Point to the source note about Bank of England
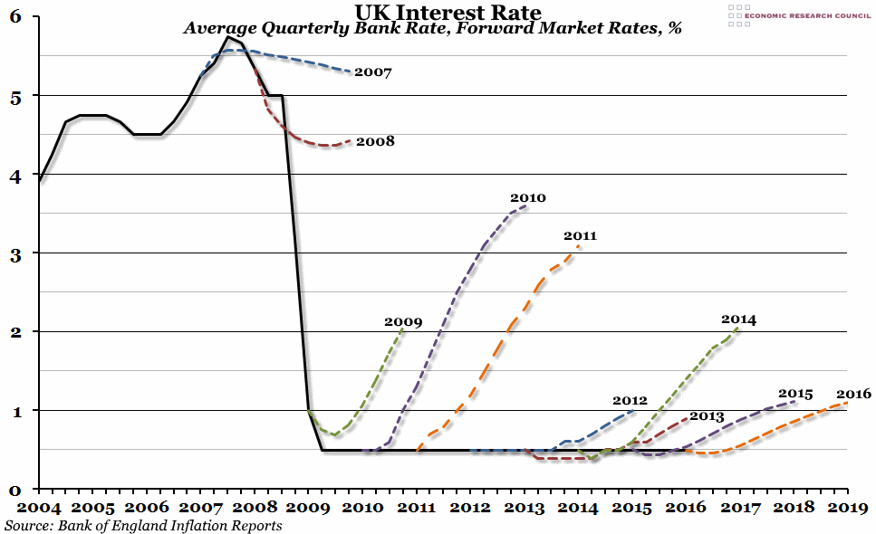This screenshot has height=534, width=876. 143,525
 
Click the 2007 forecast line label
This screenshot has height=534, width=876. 372,72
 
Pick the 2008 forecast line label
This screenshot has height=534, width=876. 375,141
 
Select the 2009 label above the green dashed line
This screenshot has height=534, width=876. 403,321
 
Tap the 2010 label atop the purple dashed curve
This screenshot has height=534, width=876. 528,197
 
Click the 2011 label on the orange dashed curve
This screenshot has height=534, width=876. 580,236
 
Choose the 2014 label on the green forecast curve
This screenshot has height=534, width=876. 738,319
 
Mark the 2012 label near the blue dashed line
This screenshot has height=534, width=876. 630,400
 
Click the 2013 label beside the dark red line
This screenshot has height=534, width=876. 707,416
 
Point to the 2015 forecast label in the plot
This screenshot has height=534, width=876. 795,394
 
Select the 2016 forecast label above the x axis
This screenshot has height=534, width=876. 853,394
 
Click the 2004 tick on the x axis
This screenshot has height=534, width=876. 40,508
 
